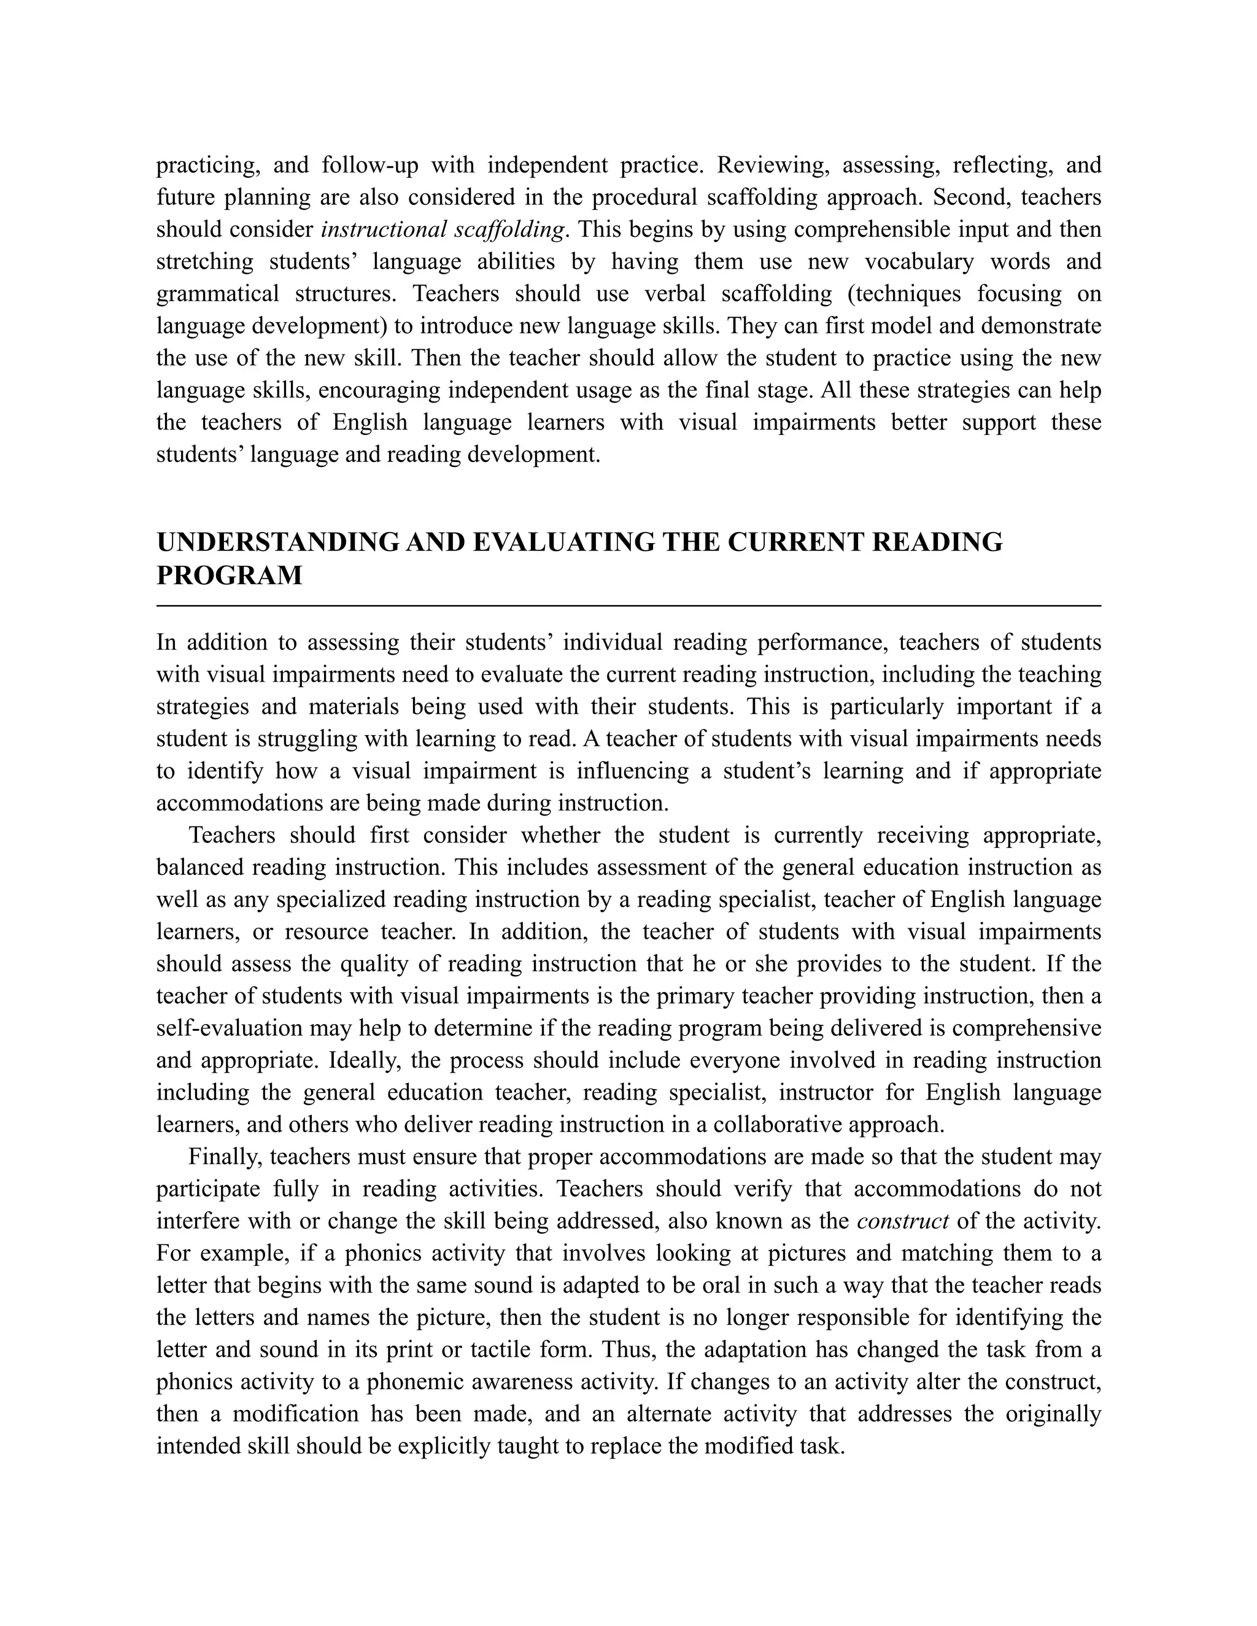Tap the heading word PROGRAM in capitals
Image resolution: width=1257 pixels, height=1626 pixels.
[x=230, y=576]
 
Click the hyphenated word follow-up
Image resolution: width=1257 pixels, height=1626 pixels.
[x=369, y=164]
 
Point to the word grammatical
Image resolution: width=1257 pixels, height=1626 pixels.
[x=217, y=293]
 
